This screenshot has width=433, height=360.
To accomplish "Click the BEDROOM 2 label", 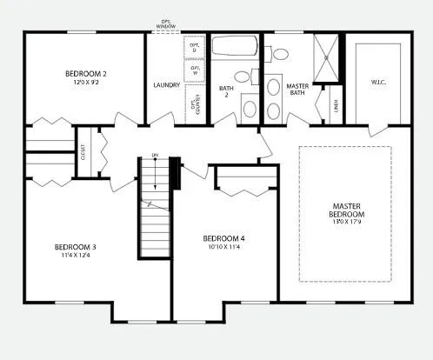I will tap(84, 73).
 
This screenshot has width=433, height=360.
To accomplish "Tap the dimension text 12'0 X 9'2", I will tap(84, 83).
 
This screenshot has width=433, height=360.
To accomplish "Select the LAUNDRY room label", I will tap(166, 84).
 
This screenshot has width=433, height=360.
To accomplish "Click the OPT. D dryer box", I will tap(195, 50).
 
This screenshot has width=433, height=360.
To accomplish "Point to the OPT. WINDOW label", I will tap(166, 23).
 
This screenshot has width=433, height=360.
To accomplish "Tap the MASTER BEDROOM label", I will tap(346, 210).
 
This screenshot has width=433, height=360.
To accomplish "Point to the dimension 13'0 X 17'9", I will tap(346, 223).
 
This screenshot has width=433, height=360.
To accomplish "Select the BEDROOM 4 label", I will tap(223, 238).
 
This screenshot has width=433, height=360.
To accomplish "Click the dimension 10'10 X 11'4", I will tap(223, 248).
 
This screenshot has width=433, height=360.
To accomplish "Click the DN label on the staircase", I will tap(155, 157).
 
